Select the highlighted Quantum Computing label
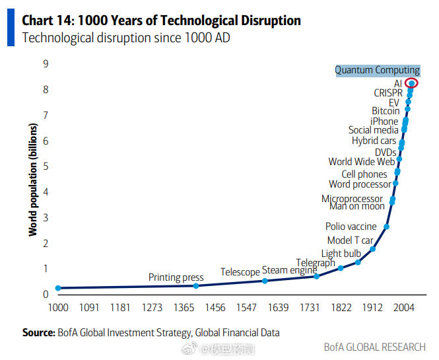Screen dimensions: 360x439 click(x=377, y=70)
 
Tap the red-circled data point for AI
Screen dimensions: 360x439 click(x=411, y=83)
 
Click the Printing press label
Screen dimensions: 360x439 click(x=175, y=277)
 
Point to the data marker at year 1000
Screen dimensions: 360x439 click(x=58, y=288)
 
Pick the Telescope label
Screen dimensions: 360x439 click(x=240, y=272)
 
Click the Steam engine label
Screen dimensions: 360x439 click(x=289, y=270)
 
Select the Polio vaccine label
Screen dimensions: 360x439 click(x=351, y=227)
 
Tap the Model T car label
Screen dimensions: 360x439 click(x=350, y=240)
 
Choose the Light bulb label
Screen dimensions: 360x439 click(x=341, y=254)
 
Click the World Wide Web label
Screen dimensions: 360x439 click(x=362, y=162)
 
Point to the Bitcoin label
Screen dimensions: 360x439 click(x=386, y=111)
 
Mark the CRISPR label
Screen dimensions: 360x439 click(x=388, y=93)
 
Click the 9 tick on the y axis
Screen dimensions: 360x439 click(x=46, y=64)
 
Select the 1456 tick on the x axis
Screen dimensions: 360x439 click(x=215, y=308)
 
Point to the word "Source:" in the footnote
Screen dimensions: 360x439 click(x=38, y=333)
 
